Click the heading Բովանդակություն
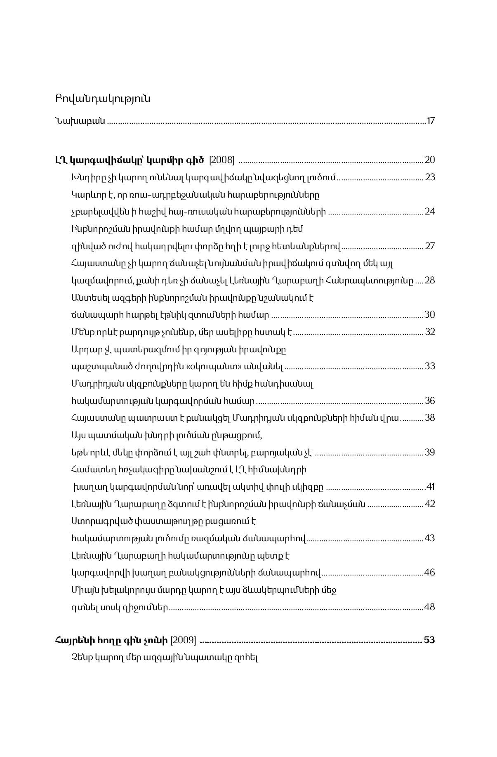102,99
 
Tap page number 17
431,121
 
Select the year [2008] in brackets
222,160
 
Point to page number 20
430,160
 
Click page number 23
430,177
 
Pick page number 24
430,212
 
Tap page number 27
430,246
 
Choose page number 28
430,281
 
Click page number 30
430,315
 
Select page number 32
430,332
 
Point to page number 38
430,418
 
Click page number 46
430,573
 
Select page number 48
430,607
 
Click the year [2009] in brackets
183,640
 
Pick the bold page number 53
429,640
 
